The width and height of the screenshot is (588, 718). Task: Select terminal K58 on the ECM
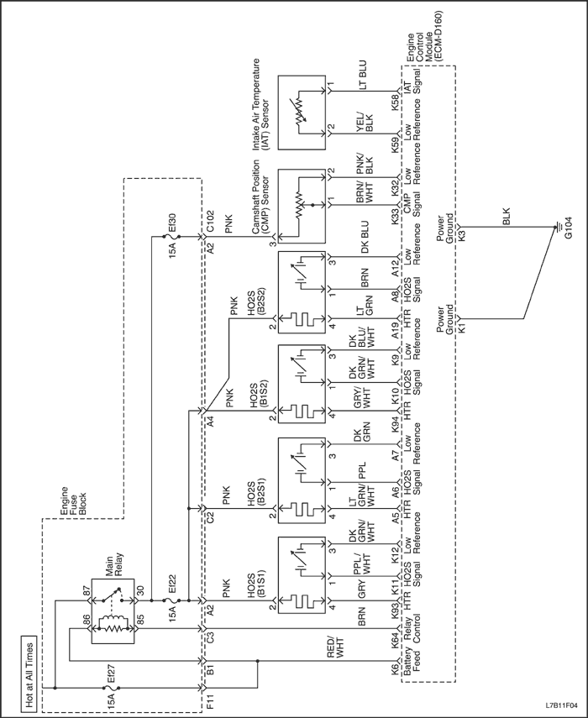(395, 102)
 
